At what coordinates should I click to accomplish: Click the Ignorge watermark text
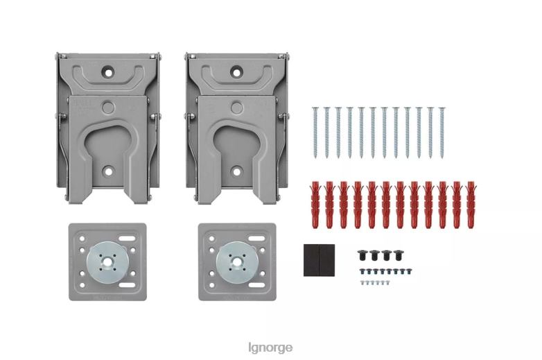coord(270,347)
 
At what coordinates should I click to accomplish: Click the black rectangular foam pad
coord(319,260)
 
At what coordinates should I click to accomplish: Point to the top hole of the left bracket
coord(107,71)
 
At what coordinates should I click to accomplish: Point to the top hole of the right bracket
coord(236,71)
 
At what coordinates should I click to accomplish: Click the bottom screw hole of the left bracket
coord(107,171)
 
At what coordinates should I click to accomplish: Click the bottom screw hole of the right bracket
coord(236,171)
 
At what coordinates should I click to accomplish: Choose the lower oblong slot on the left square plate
coord(129,285)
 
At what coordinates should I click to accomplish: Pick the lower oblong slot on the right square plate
coord(258,285)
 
